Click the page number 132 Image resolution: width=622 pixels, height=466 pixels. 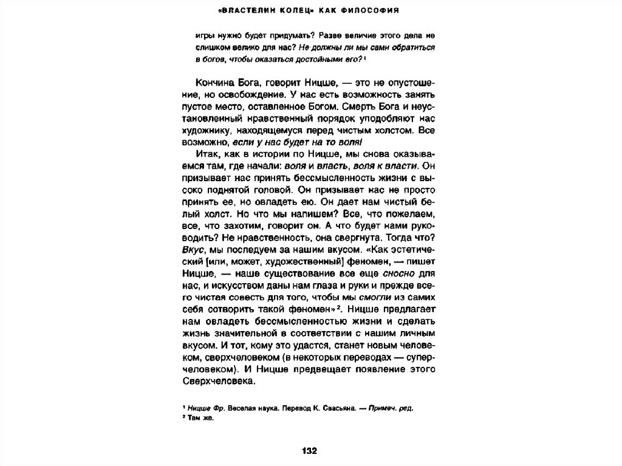pos(310,450)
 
